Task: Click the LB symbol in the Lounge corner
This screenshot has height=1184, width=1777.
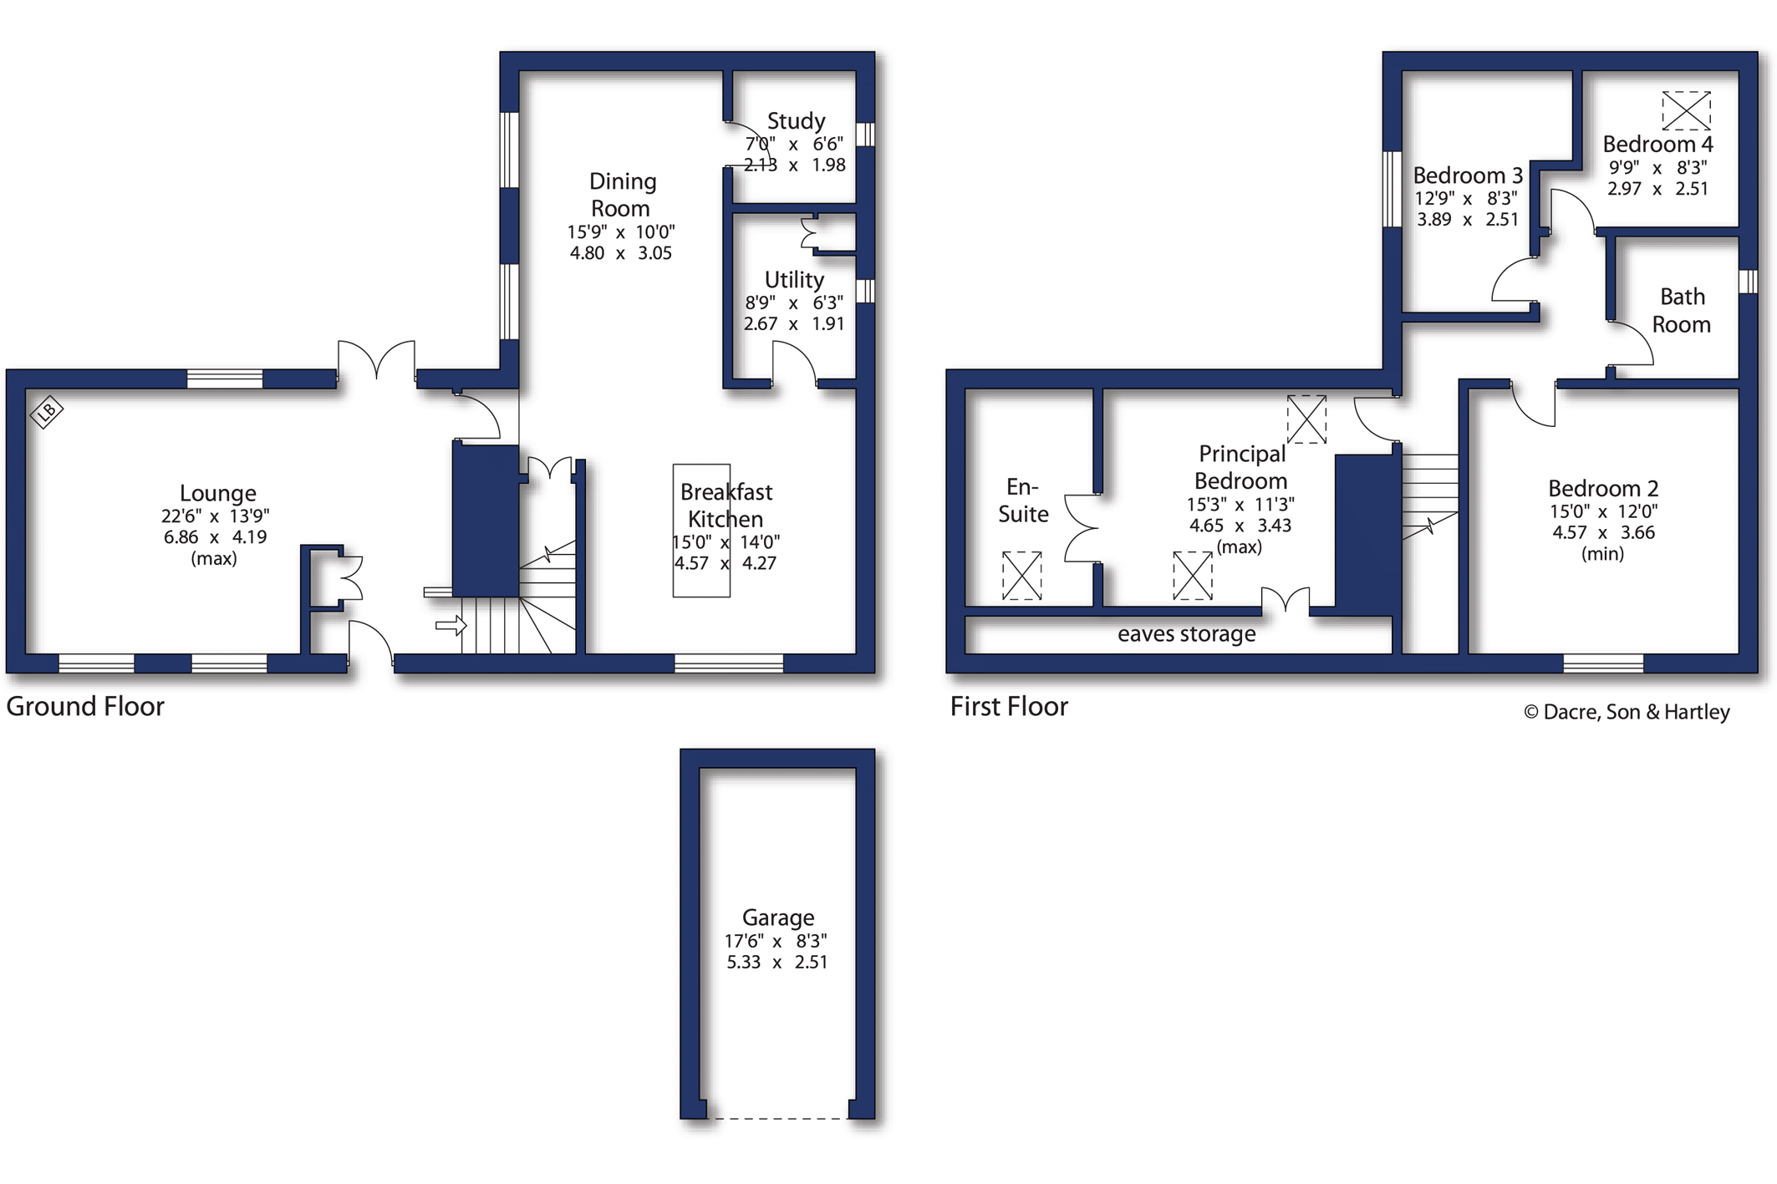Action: [x=47, y=411]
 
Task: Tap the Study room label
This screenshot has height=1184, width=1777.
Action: [x=796, y=121]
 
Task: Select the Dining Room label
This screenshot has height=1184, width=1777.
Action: [x=622, y=195]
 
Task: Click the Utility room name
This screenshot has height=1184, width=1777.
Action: [x=794, y=279]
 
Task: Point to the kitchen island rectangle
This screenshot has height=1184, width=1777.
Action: [x=701, y=531]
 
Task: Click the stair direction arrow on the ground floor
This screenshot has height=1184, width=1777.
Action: [x=451, y=625]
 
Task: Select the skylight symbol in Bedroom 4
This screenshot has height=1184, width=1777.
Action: [x=1686, y=110]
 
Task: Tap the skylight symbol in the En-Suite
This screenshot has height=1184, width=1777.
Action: [x=1021, y=576]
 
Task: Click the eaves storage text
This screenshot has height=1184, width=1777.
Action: [x=1186, y=634]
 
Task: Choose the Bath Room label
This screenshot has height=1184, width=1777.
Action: [x=1682, y=310]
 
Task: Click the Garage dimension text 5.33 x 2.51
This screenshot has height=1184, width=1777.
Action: [x=777, y=962]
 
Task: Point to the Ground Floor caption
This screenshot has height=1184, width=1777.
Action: [x=85, y=707]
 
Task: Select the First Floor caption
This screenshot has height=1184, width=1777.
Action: [x=1009, y=707]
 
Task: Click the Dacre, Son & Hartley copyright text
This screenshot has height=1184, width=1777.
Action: [x=1627, y=712]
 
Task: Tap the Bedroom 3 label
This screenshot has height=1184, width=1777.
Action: [x=1468, y=175]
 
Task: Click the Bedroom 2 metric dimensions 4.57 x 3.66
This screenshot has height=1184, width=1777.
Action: [x=1603, y=532]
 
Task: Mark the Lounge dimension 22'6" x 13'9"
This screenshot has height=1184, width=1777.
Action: [x=216, y=516]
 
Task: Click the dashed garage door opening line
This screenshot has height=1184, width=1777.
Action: [x=777, y=1118]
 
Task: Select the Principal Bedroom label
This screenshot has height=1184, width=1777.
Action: [x=1241, y=467]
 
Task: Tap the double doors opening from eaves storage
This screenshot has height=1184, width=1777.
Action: [x=1286, y=600]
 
